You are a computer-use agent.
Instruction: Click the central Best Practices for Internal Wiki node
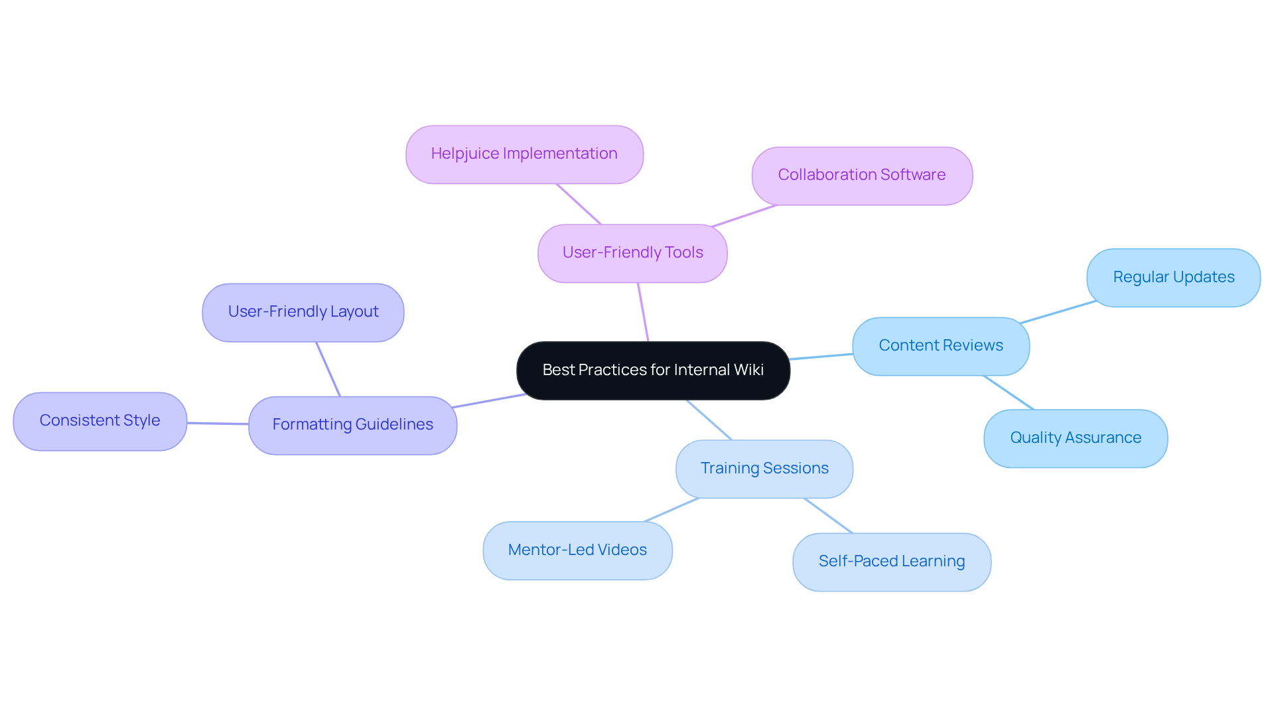point(653,370)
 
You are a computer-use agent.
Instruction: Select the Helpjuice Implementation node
point(524,154)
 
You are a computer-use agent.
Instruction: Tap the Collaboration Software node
point(861,175)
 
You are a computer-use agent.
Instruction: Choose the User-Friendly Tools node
point(632,253)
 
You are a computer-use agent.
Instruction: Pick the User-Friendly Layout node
point(303,312)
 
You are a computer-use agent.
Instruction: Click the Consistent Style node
point(100,421)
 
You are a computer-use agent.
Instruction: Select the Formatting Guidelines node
point(352,425)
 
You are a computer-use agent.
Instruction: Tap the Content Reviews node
point(940,346)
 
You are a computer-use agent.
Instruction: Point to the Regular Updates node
point(1173,278)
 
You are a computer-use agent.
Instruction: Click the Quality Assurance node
point(1075,438)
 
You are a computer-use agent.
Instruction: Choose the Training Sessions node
point(764,469)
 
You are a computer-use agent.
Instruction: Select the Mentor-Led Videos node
point(577,550)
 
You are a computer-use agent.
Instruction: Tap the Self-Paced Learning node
point(891,562)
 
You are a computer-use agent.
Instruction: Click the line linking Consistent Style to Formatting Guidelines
point(218,423)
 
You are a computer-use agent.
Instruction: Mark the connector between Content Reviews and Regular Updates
point(1058,312)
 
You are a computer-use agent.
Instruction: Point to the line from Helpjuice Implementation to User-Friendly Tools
point(579,204)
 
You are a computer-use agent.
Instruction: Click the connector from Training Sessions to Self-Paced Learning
point(828,516)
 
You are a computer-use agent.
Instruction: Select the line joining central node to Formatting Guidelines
point(489,401)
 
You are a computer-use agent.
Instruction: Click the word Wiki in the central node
point(749,370)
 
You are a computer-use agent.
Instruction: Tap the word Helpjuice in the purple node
point(465,153)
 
